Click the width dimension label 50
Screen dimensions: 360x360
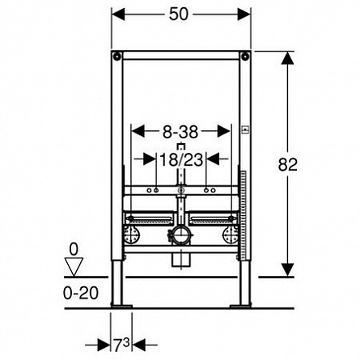click(x=179, y=14)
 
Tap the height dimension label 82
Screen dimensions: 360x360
click(x=288, y=164)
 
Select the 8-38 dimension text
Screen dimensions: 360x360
click(x=180, y=132)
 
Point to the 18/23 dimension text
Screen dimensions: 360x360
click(x=181, y=159)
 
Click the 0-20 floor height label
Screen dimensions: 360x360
click(x=81, y=293)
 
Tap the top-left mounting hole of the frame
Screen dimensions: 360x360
click(x=116, y=57)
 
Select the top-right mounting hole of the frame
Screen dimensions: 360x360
click(x=245, y=57)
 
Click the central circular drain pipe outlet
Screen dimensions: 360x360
click(x=180, y=235)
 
